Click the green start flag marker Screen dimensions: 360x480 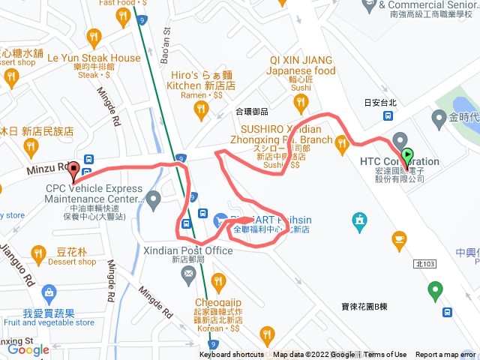pyautogui.click(x=407, y=157)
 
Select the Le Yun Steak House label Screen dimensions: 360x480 pyautogui.click(x=94, y=58)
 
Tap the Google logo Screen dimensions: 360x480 pyautogui.click(x=28, y=349)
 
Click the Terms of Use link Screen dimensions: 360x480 pyautogui.click(x=385, y=355)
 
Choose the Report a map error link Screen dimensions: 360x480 pyautogui.click(x=445, y=355)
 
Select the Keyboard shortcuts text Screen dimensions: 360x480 pyautogui.click(x=232, y=355)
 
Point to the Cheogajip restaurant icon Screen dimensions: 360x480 pyautogui.click(x=218, y=282)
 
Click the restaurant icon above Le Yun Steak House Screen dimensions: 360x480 pyautogui.click(x=94, y=37)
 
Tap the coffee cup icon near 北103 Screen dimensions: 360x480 pyautogui.click(x=399, y=238)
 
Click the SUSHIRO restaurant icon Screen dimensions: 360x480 pyautogui.click(x=342, y=142)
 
